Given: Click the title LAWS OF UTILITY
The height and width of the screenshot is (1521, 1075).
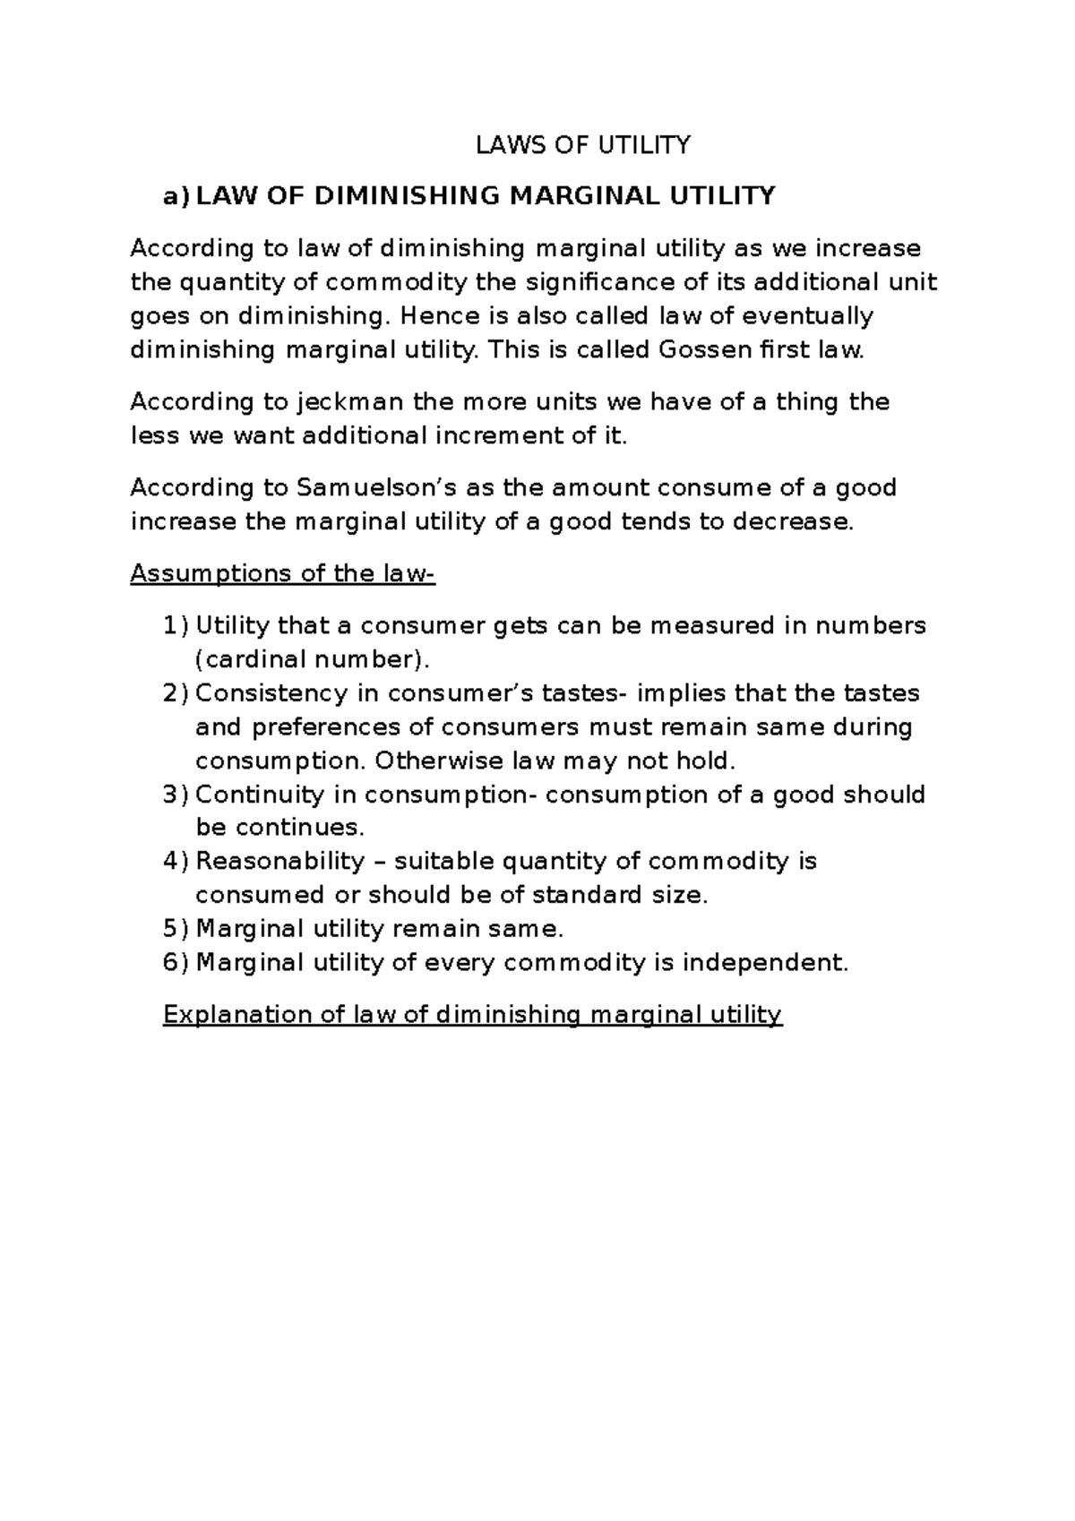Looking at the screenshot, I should pos(583,145).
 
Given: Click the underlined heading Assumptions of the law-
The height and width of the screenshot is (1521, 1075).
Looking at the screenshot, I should pos(282,573).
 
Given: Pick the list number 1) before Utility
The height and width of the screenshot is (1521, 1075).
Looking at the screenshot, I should pos(176,625).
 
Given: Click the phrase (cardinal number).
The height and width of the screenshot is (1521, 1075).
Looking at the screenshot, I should pos(313,659).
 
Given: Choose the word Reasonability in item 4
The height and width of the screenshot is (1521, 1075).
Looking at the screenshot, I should pos(280,862).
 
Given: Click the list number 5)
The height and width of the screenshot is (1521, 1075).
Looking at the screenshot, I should pos(176,929).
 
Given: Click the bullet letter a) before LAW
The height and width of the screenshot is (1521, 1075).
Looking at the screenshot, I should pos(176,197).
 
